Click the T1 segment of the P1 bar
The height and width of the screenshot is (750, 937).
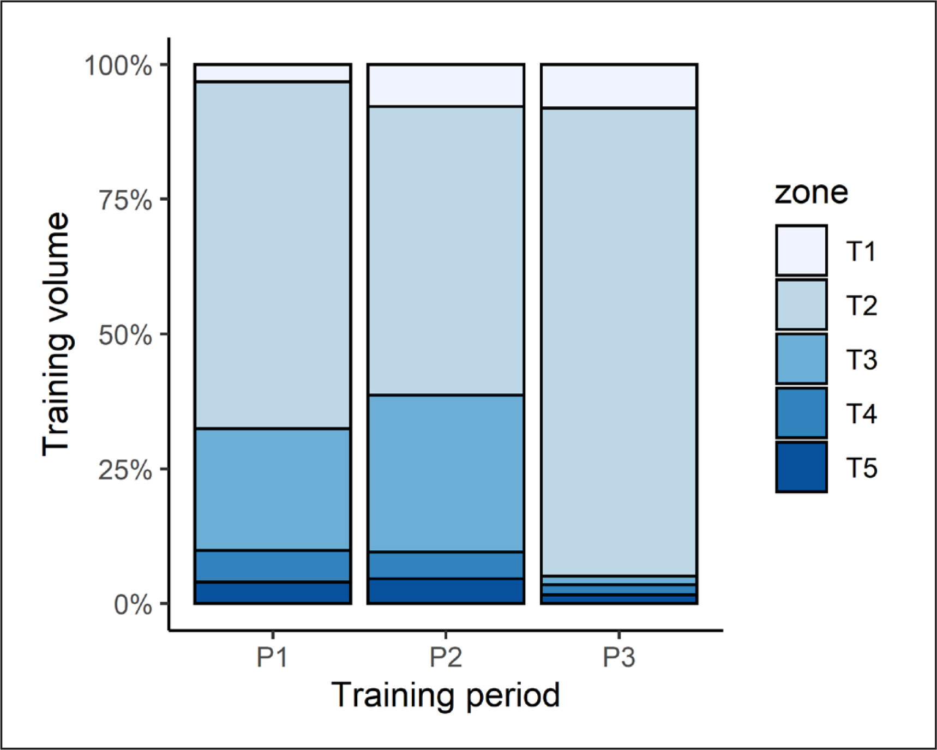point(273,73)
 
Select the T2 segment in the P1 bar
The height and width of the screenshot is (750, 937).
point(273,255)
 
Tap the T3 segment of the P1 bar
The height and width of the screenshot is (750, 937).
point(273,489)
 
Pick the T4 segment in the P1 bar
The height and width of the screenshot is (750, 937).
point(273,566)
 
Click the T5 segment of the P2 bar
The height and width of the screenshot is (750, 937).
point(446,591)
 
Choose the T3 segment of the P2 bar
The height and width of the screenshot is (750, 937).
point(446,473)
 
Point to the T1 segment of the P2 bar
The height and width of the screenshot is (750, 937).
point(446,85)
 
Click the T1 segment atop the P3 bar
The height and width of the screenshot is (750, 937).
point(619,86)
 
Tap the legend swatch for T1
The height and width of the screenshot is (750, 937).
point(801,250)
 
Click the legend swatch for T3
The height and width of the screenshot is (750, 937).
point(801,359)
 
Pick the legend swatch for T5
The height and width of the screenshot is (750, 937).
point(801,467)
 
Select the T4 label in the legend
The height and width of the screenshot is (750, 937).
point(861,414)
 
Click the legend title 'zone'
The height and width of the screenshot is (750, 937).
point(811,193)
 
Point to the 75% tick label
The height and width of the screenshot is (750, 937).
point(125,200)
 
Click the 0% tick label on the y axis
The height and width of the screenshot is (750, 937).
point(133,604)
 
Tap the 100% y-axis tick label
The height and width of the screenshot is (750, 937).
point(118,65)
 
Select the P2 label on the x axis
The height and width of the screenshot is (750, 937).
point(446,657)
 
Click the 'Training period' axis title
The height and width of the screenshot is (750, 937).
point(446,695)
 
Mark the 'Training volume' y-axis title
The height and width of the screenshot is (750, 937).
point(56,334)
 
